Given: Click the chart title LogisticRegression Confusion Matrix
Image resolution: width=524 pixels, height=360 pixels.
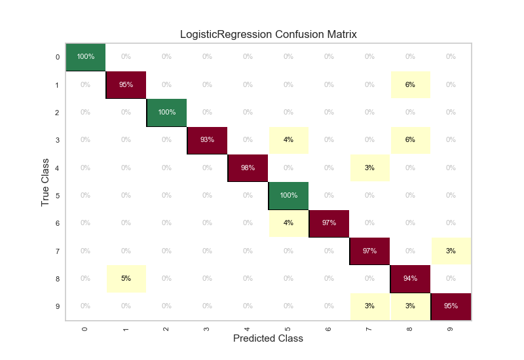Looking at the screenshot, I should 269,34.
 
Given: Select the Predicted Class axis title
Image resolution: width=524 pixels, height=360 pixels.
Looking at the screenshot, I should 269,338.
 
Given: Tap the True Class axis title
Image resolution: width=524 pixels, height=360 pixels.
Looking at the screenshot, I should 45,182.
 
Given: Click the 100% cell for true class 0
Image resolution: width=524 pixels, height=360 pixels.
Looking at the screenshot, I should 86,57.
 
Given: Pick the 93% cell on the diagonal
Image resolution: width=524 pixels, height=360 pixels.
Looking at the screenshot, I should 208,140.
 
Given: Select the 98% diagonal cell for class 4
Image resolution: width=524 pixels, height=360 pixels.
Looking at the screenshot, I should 248,168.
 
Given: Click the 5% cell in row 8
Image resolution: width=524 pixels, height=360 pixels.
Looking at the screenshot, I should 126,278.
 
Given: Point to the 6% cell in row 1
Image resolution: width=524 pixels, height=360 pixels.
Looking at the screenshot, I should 410,84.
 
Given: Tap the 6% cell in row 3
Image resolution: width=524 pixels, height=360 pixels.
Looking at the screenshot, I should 410,140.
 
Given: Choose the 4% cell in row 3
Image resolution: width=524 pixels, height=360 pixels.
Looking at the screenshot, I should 289,140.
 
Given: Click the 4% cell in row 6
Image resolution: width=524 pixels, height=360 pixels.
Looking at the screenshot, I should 289,223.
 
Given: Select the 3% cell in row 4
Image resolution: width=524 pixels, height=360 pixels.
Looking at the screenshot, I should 369,168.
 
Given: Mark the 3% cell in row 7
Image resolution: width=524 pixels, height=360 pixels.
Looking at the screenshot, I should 451,251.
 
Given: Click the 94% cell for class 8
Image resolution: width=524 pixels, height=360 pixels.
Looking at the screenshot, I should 410,278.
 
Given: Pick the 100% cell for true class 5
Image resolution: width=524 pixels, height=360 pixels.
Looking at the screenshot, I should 289,195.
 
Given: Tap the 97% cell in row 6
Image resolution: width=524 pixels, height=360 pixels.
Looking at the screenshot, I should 329,223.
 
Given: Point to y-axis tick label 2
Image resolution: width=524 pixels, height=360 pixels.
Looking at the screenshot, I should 58,113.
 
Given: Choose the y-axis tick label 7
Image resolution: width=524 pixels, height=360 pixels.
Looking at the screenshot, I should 58,251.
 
